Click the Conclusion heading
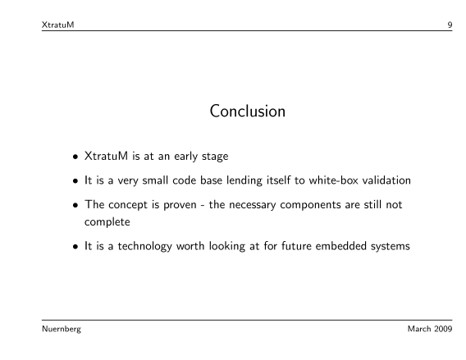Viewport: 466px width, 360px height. [x=248, y=111]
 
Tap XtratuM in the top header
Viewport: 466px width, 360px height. [x=57, y=25]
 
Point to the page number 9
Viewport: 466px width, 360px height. [x=450, y=25]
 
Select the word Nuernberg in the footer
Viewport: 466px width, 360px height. [x=62, y=329]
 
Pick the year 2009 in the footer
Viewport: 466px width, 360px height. [x=443, y=329]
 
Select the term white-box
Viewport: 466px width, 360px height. [x=333, y=180]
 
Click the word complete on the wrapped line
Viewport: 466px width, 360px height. [x=107, y=222]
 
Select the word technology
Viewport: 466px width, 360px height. [x=144, y=247]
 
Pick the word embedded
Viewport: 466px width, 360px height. [x=340, y=246]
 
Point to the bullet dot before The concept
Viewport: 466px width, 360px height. [x=75, y=205]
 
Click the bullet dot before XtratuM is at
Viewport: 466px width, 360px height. [x=75, y=157]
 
